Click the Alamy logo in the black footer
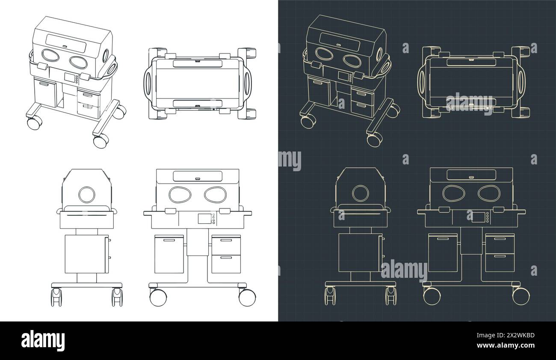click(43, 340)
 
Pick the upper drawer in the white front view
click(226, 244)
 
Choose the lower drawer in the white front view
click(226, 264)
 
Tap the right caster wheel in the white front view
click(247, 297)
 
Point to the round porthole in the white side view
click(87, 195)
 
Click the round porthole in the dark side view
click(361, 193)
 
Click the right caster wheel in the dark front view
click(521, 295)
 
